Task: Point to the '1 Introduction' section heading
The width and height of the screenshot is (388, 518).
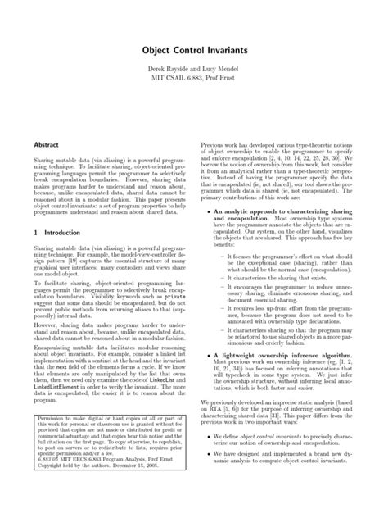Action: (52, 233)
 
